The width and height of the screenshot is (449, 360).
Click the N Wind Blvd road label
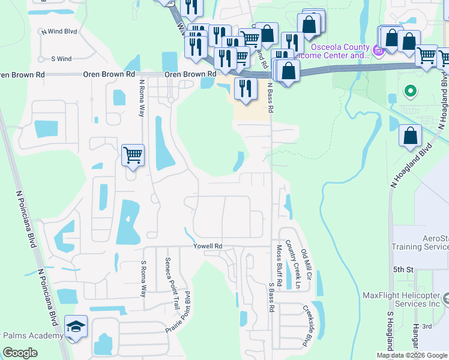(58, 31)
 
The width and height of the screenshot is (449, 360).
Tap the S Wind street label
(61, 59)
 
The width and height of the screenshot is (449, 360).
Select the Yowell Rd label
(208, 246)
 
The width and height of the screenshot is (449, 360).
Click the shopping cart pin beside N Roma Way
(133, 155)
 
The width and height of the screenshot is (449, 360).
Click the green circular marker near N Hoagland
(411, 92)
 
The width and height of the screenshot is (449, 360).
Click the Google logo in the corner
(20, 353)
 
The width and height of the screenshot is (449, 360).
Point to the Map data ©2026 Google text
(412, 355)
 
